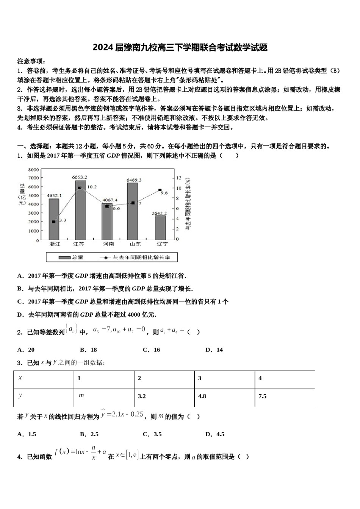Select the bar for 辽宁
click(160, 227)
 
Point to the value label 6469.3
click(134, 180)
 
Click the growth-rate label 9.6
click(164, 193)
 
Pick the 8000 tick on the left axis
click(34, 169)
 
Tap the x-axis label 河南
click(108, 244)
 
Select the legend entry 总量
click(71, 257)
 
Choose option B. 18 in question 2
click(89, 350)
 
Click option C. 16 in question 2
click(151, 350)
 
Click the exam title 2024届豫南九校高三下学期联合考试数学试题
click(180, 48)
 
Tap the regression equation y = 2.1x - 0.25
click(122, 414)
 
